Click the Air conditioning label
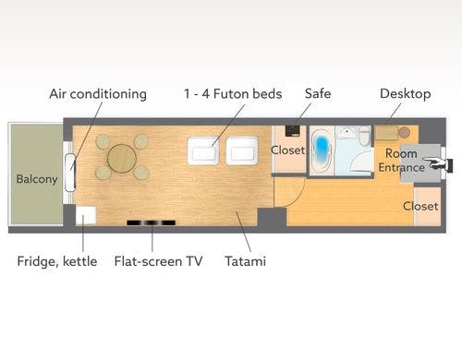pyautogui.click(x=98, y=94)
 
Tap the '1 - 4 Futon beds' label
pyautogui.click(x=233, y=94)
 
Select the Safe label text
pyautogui.click(x=318, y=93)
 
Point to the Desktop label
pyautogui.click(x=406, y=94)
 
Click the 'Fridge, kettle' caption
pyautogui.click(x=57, y=261)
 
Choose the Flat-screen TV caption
pyautogui.click(x=158, y=261)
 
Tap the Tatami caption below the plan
pyautogui.click(x=246, y=261)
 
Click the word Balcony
pyautogui.click(x=37, y=179)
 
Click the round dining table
pyautogui.click(x=122, y=158)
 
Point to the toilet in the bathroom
pyautogui.click(x=365, y=136)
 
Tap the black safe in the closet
pyautogui.click(x=292, y=130)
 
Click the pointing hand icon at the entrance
pyautogui.click(x=437, y=163)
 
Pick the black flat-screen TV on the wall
pyautogui.click(x=152, y=222)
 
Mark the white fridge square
pyautogui.click(x=85, y=215)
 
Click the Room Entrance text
pyautogui.click(x=401, y=161)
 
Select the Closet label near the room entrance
pyautogui.click(x=420, y=206)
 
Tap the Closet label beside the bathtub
pyautogui.click(x=288, y=150)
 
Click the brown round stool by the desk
pyautogui.click(x=405, y=132)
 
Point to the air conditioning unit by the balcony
pyautogui.click(x=70, y=173)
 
